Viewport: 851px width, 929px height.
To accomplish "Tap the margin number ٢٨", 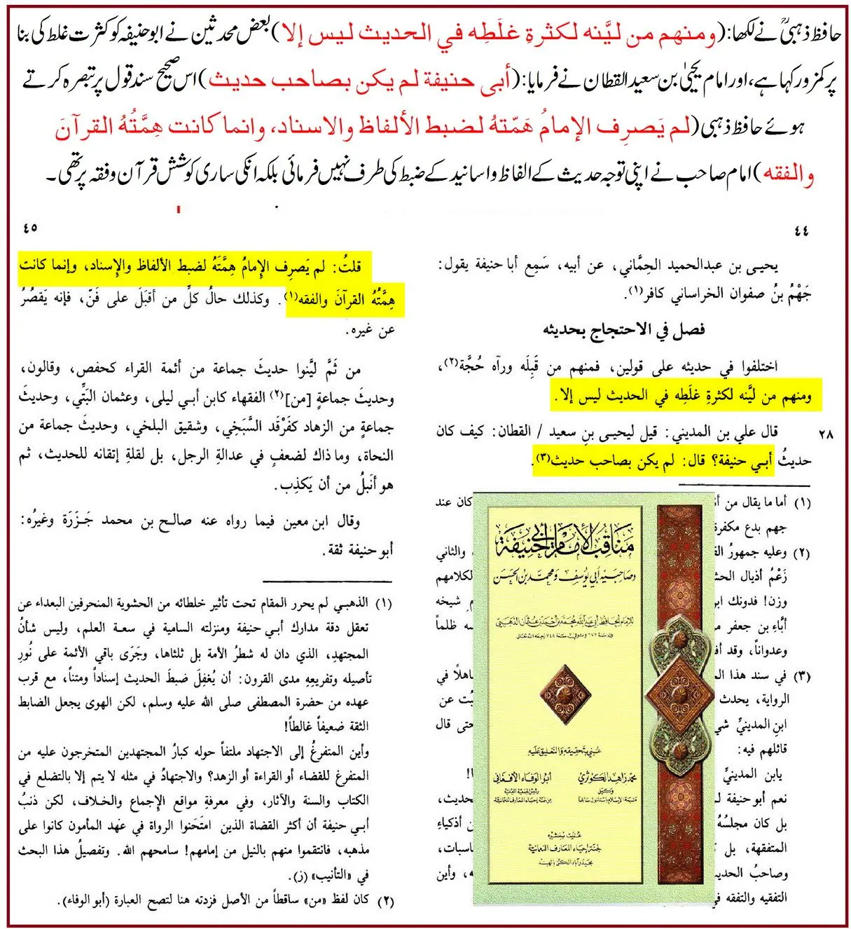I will [x=826, y=434].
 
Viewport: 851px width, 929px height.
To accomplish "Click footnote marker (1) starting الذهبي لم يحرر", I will [x=383, y=603].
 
